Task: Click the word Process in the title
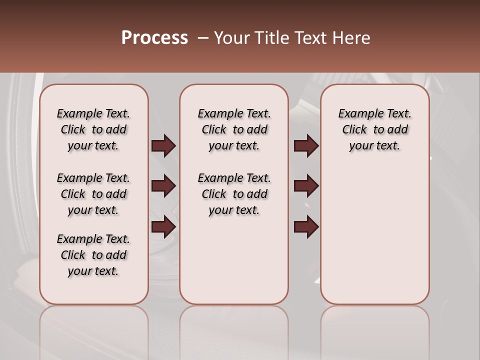tap(154, 37)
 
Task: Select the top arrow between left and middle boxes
tap(163, 146)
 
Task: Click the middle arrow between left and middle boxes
tap(163, 186)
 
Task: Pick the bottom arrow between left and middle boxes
tap(163, 227)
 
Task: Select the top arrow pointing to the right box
tap(306, 146)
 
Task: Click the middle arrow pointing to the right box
tap(306, 186)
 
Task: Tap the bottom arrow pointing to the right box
tap(306, 227)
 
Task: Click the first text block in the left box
tap(93, 129)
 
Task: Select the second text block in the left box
tap(93, 194)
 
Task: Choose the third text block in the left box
tap(93, 255)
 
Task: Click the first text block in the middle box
tap(234, 129)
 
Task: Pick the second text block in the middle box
tap(234, 194)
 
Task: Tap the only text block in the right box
tap(375, 129)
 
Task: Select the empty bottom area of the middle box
tap(234, 260)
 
